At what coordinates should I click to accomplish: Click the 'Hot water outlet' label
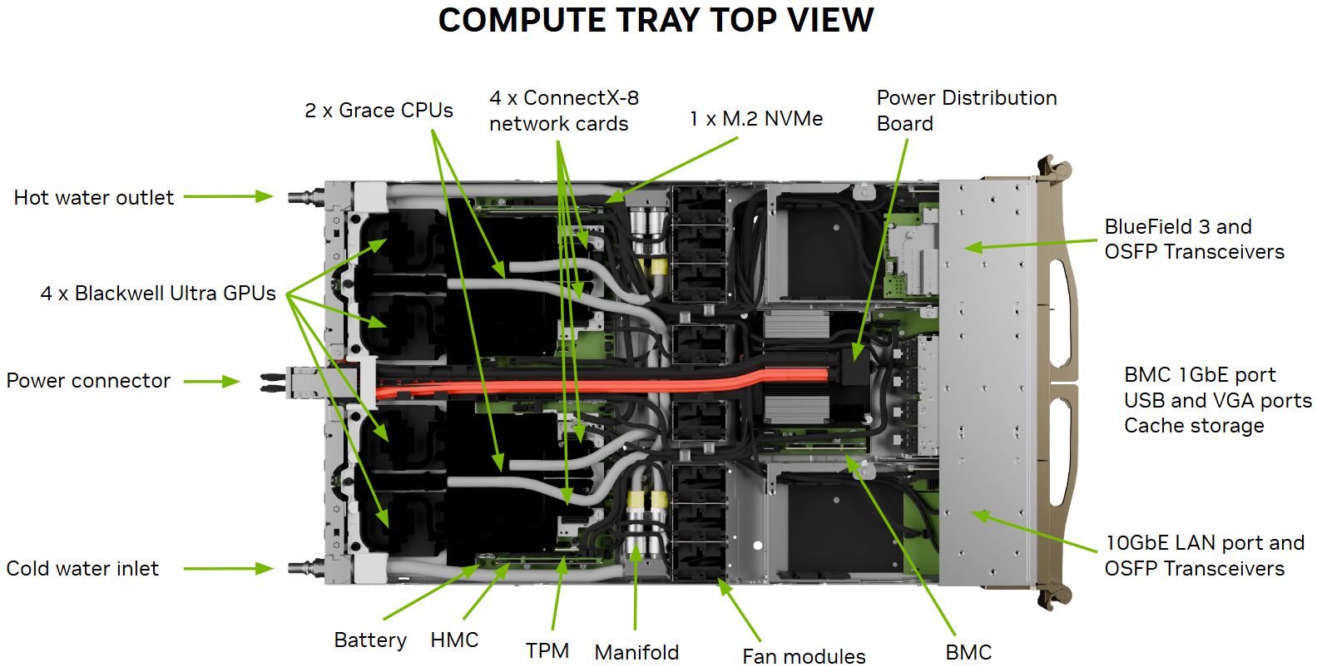(x=93, y=198)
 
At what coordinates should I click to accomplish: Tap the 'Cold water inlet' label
(x=82, y=569)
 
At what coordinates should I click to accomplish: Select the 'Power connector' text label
(x=88, y=381)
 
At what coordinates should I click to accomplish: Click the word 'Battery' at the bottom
(x=370, y=640)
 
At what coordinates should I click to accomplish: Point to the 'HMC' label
(x=454, y=640)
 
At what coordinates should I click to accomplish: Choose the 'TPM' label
(x=547, y=651)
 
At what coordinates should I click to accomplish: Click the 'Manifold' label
(x=636, y=653)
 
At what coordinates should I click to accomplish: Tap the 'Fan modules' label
(x=804, y=657)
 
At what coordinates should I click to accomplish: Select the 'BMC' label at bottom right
(x=968, y=653)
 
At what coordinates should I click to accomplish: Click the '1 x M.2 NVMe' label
(x=756, y=119)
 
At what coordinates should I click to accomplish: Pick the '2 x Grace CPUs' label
(x=379, y=111)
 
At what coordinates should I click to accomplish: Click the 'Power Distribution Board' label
(x=966, y=111)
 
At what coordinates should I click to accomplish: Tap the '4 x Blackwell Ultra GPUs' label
(x=158, y=294)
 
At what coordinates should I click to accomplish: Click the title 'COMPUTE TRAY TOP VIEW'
(x=656, y=20)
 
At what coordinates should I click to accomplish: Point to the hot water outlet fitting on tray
(x=304, y=197)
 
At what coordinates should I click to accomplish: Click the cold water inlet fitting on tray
(x=304, y=569)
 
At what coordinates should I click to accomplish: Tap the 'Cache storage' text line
(x=1194, y=426)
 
